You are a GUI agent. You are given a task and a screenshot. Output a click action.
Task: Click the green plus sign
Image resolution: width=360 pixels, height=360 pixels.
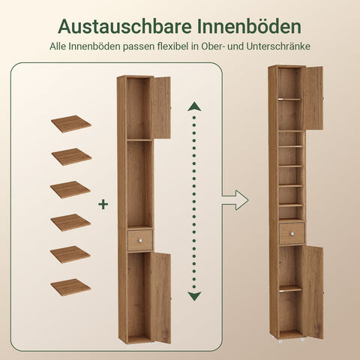(103, 203)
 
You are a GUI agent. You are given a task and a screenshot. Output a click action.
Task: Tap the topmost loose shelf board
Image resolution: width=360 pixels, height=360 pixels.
(71, 123)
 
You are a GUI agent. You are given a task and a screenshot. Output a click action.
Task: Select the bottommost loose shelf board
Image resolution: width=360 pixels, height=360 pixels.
(71, 286)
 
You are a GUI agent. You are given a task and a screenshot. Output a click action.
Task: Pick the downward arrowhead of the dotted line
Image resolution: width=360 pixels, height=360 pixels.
(194, 296)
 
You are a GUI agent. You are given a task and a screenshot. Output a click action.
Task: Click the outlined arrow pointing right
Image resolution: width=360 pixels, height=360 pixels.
(236, 200)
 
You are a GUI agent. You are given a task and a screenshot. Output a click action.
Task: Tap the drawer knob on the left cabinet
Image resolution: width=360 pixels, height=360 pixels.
(139, 240)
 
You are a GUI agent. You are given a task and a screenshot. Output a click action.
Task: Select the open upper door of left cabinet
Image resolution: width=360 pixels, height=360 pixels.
(160, 107)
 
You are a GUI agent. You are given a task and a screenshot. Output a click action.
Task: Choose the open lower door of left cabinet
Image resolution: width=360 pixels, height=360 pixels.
(160, 298)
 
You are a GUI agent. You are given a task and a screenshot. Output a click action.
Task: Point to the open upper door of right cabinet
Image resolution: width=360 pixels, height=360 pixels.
(313, 97)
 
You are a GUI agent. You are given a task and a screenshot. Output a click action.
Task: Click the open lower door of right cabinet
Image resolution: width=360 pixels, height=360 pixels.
(313, 291)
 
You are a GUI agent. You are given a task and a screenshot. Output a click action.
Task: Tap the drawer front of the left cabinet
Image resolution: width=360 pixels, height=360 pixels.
(139, 240)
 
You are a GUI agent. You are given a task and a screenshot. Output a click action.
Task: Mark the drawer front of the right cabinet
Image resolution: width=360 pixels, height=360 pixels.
(291, 233)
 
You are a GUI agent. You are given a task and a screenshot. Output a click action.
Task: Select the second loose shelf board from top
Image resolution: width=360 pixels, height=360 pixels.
(71, 156)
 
